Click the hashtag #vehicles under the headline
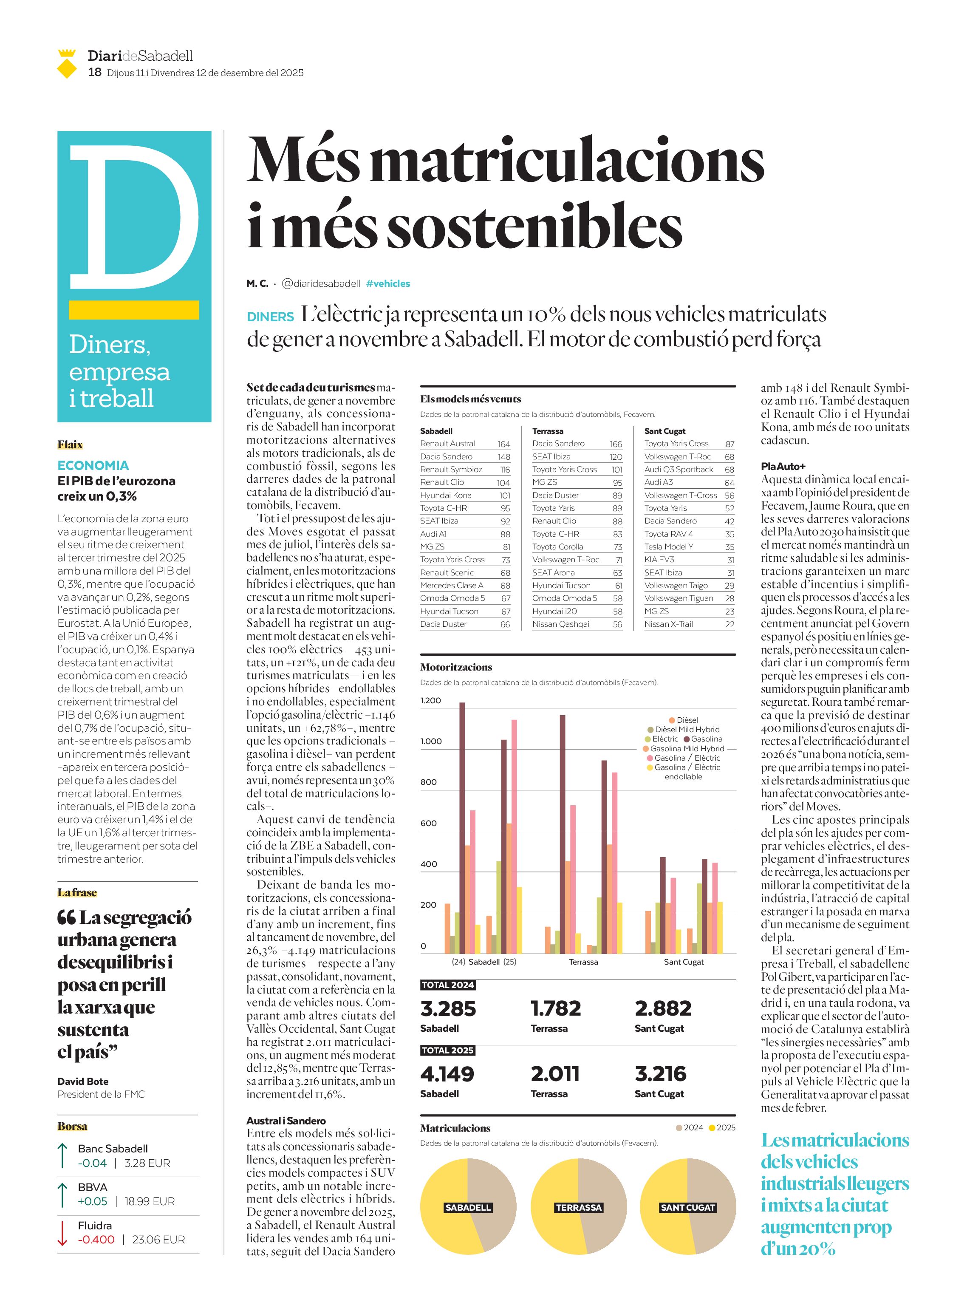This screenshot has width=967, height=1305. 387,283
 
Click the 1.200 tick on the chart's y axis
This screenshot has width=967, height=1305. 430,700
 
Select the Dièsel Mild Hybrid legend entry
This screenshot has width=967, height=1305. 683,730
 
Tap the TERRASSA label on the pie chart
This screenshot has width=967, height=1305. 578,1207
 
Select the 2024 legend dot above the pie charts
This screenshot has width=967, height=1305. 679,1128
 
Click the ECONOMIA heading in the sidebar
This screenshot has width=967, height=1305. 93,465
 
